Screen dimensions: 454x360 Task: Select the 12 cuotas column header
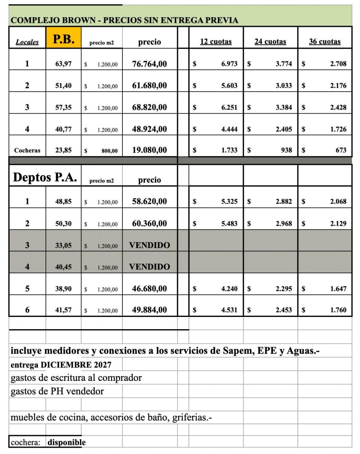215,42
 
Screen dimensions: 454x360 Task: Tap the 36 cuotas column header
325,42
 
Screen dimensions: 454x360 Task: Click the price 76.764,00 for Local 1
149,64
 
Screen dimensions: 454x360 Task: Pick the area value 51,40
64,86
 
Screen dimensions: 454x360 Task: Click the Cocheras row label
27,150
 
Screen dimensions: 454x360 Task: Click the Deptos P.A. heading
45,177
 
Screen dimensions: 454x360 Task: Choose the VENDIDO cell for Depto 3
149,245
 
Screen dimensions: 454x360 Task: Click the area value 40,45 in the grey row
64,267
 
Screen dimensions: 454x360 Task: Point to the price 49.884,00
149,310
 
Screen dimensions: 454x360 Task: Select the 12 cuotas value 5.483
229,223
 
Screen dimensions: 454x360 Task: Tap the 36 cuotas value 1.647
338,289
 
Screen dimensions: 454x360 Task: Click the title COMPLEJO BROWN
54,20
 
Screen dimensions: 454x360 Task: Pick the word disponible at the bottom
66,442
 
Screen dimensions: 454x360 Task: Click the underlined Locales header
27,42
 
